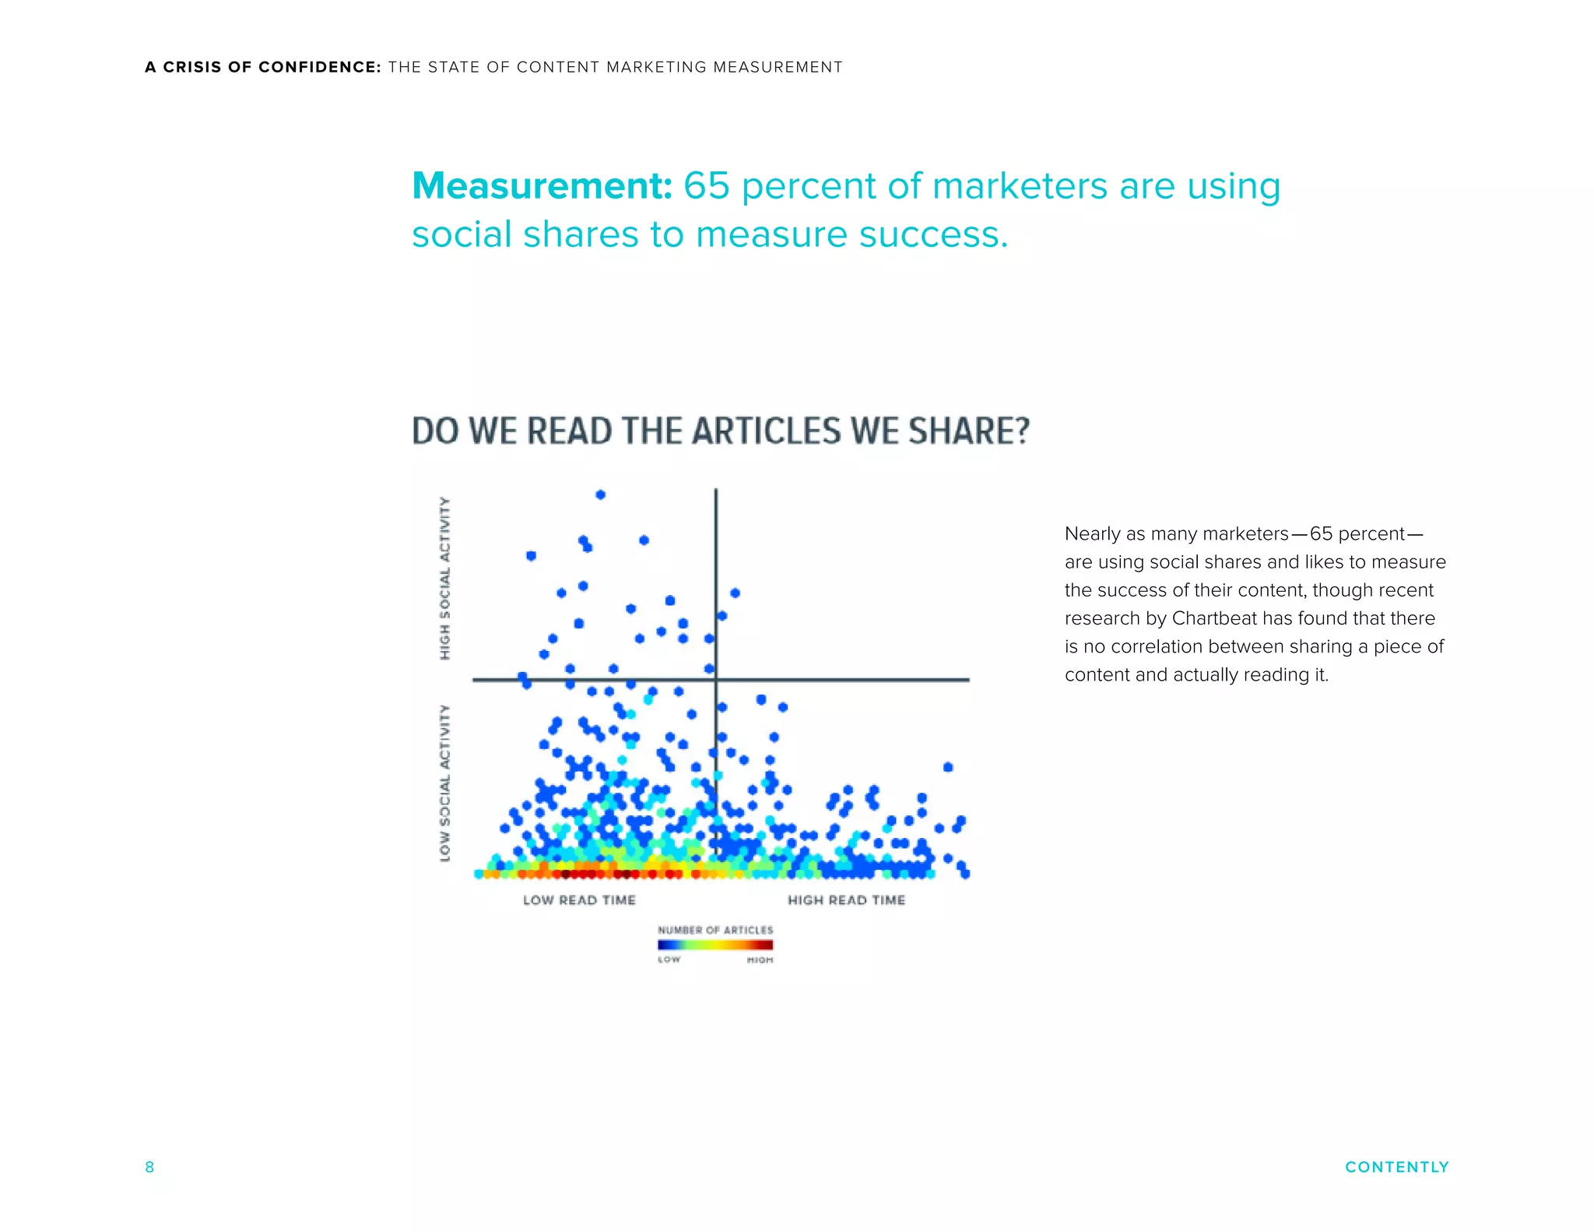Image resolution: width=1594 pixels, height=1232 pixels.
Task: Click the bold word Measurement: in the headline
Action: click(x=542, y=186)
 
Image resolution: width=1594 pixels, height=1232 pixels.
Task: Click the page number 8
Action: click(x=149, y=1167)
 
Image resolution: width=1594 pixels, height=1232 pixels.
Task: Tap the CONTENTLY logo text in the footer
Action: click(x=1396, y=1167)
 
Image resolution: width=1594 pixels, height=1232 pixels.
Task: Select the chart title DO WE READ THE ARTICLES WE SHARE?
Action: click(x=720, y=431)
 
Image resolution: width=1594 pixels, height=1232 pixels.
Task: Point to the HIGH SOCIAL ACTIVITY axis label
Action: click(x=445, y=578)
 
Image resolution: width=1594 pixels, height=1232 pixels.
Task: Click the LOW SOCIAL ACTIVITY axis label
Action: click(x=445, y=783)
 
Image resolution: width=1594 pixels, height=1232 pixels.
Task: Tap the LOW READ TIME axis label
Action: click(x=579, y=900)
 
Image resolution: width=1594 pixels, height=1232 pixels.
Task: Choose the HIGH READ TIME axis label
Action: click(x=846, y=900)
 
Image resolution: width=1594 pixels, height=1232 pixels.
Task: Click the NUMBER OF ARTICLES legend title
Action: click(x=715, y=930)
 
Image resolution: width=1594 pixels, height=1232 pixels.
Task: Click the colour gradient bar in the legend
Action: click(x=715, y=945)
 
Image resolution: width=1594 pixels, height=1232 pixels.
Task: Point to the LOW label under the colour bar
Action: click(x=669, y=960)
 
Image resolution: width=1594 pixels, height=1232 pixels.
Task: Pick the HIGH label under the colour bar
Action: click(x=760, y=960)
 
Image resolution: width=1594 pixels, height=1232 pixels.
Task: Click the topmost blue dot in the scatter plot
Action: click(x=600, y=495)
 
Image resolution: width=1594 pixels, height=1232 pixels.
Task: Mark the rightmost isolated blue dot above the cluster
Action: click(x=948, y=767)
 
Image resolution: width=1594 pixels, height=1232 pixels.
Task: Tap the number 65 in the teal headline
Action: click(x=706, y=186)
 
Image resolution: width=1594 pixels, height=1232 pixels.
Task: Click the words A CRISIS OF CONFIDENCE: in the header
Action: click(x=263, y=67)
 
